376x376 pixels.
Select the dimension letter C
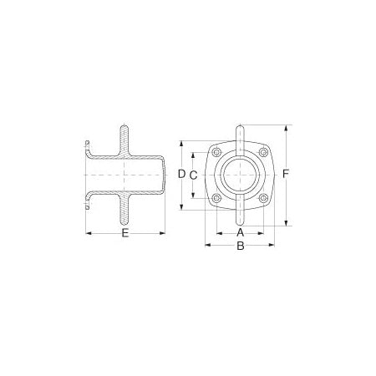coord(193,175)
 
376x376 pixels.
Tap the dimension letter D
coord(180,174)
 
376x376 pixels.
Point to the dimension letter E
coord(125,234)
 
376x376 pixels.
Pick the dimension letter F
coord(287,174)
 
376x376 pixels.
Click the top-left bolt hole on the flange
coord(216,152)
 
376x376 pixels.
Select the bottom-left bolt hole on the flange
coord(216,199)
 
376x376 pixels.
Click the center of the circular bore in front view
coord(241,175)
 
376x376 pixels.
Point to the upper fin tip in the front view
coord(241,127)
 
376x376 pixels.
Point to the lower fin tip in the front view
coord(241,224)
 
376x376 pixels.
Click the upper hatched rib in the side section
coord(125,139)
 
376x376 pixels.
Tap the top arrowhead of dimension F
coord(287,128)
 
